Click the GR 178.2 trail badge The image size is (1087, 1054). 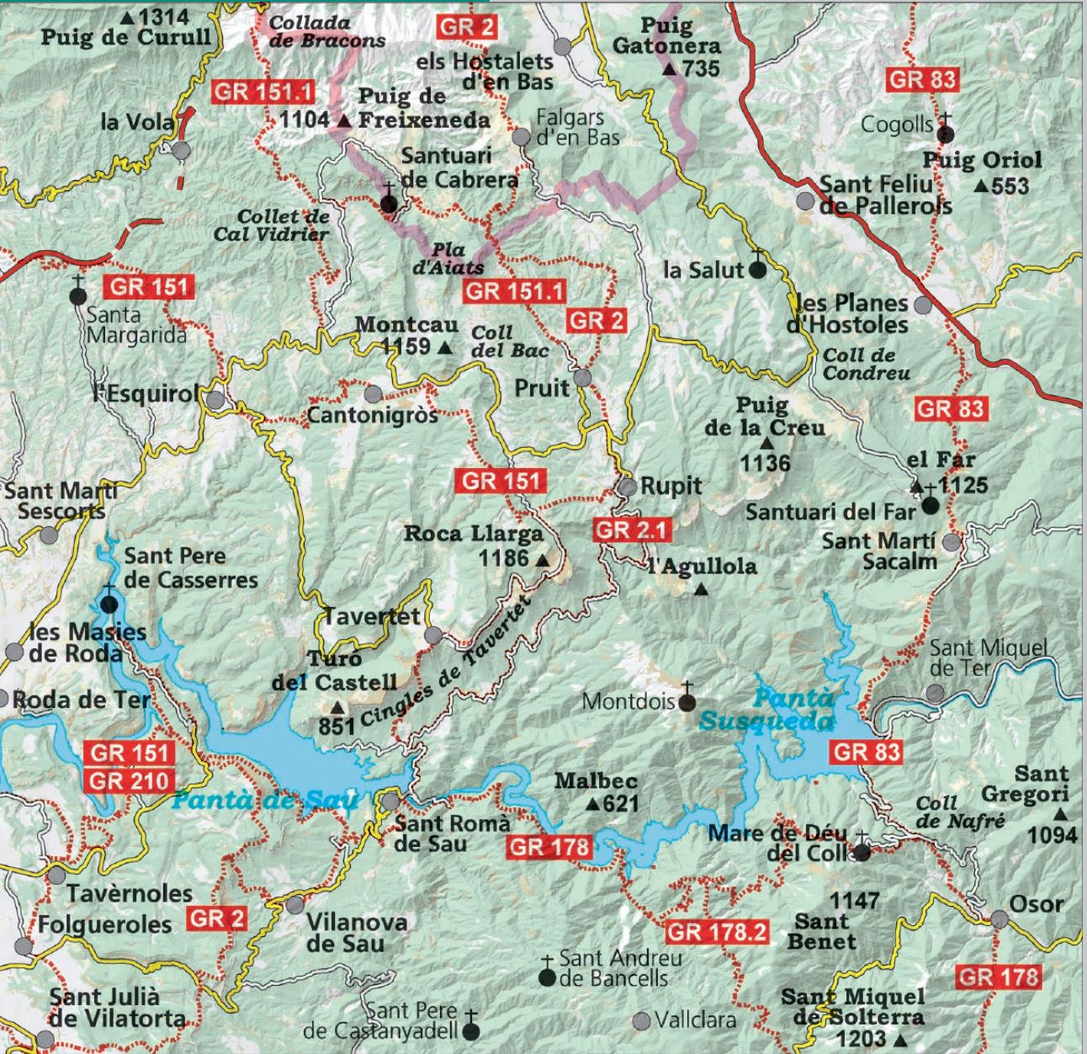tap(717, 932)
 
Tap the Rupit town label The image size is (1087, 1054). tap(671, 487)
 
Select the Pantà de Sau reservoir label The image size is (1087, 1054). tap(265, 800)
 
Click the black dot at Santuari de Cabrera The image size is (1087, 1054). tap(389, 204)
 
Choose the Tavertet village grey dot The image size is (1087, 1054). tap(432, 635)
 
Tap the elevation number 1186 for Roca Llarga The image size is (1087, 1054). tap(503, 558)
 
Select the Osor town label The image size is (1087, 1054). tap(1037, 905)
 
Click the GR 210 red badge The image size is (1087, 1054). tap(129, 780)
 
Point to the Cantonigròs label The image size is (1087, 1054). tap(372, 415)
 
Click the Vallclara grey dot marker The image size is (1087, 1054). tap(641, 1020)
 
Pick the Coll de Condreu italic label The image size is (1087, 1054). tap(866, 365)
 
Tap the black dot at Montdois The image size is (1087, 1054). tap(687, 701)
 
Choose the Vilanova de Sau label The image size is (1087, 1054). tap(356, 932)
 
